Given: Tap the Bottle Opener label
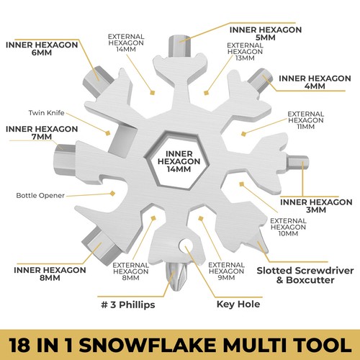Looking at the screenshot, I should coord(41,196).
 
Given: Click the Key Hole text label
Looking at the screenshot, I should coord(239,304).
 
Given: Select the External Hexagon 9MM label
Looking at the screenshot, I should coord(223,272).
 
